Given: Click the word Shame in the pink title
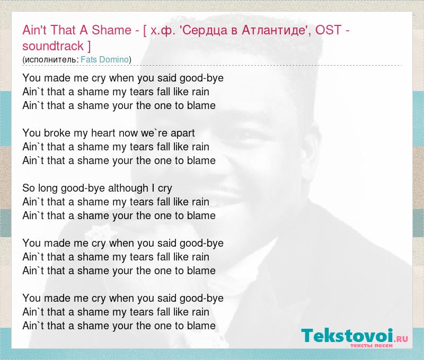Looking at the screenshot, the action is tap(111, 30).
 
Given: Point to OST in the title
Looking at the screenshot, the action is tap(328, 30).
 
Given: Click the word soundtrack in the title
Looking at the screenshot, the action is tap(53, 46).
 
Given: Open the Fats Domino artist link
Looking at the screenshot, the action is tap(104, 59).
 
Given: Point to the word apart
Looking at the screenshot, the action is tap(182, 133).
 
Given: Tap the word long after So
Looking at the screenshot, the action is tap(48, 188).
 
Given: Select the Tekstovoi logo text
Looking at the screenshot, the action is tap(347, 336).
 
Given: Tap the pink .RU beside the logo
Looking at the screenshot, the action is tap(401, 338).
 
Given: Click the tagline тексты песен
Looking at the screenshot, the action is tap(372, 346).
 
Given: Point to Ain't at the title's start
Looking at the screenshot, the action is tap(35, 30).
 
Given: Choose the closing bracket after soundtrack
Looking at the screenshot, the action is tap(89, 46).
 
